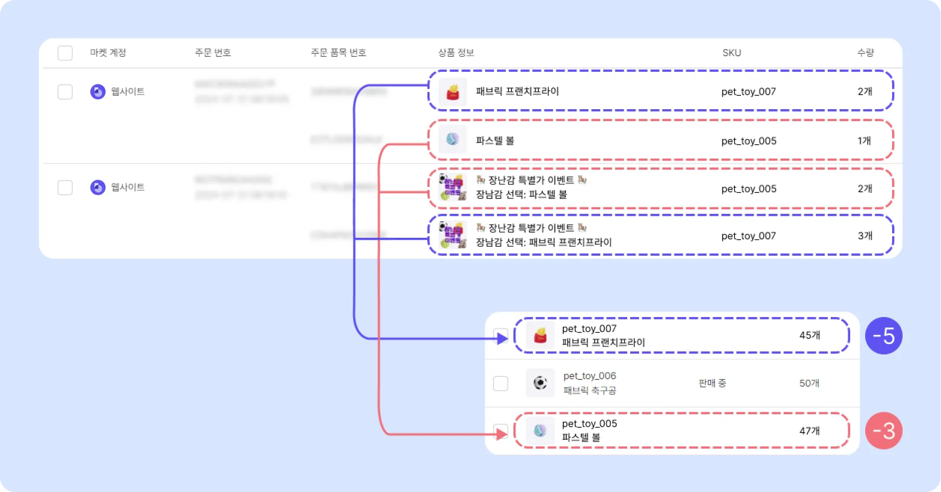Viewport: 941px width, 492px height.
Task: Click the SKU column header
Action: tap(731, 53)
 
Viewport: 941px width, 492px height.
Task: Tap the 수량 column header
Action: tap(865, 53)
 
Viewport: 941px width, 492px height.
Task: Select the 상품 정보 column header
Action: tap(456, 53)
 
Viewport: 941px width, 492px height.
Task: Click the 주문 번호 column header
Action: tap(213, 53)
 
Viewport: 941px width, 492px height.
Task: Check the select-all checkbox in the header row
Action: tap(65, 53)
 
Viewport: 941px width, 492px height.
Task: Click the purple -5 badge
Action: tap(883, 336)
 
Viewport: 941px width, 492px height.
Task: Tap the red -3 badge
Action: tap(883, 431)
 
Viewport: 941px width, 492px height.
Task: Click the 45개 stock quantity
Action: tap(809, 335)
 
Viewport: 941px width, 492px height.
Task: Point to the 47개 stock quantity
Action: tap(809, 431)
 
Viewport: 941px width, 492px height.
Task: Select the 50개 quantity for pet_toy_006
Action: tap(809, 383)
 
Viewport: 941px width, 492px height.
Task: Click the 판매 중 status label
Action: tap(712, 383)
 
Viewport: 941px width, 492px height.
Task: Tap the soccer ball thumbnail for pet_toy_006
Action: tap(540, 383)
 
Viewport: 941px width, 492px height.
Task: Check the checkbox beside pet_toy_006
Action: tap(500, 383)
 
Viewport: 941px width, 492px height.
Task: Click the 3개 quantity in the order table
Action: tap(865, 236)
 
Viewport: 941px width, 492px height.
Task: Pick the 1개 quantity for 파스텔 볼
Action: tap(864, 141)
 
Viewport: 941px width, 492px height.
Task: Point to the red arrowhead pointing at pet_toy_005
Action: tap(502, 434)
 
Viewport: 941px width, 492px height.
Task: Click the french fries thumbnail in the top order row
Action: tap(453, 92)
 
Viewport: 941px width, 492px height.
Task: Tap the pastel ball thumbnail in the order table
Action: tap(453, 140)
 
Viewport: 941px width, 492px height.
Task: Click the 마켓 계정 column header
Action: tap(108, 53)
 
